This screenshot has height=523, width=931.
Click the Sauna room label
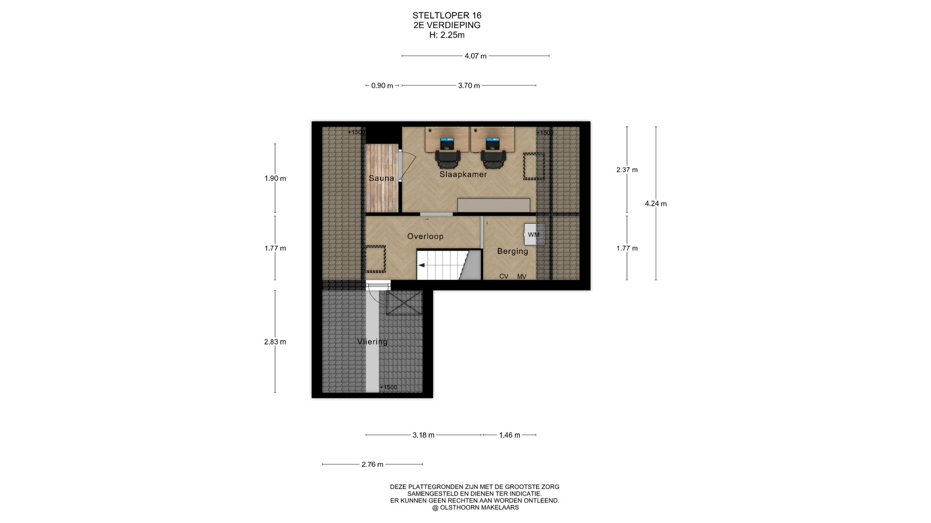coord(381,178)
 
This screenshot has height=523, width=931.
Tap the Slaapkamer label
coord(463,174)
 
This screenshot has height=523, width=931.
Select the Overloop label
coord(425,236)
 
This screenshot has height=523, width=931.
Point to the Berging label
coord(513,251)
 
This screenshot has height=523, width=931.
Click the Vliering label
coord(372,341)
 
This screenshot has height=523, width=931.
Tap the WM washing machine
coord(534,235)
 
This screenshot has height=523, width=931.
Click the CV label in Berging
coord(504,277)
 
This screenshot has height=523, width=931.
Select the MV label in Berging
coord(522,277)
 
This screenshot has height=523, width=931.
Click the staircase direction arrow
coord(422,265)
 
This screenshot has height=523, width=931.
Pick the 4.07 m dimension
coord(476,56)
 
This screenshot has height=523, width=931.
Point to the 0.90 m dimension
coord(382,86)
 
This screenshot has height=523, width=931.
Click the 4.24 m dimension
coord(656,204)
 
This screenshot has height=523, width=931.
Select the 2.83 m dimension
coord(275,342)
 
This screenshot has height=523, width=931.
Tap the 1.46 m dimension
coord(510,435)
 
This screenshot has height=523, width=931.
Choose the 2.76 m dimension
coord(372,464)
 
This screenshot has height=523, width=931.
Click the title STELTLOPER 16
coord(447,15)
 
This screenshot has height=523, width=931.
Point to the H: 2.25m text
coord(447,35)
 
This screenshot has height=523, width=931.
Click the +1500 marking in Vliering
coord(388,387)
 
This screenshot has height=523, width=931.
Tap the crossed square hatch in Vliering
coord(404,302)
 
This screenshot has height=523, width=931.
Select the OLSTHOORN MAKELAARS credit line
coord(475,508)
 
